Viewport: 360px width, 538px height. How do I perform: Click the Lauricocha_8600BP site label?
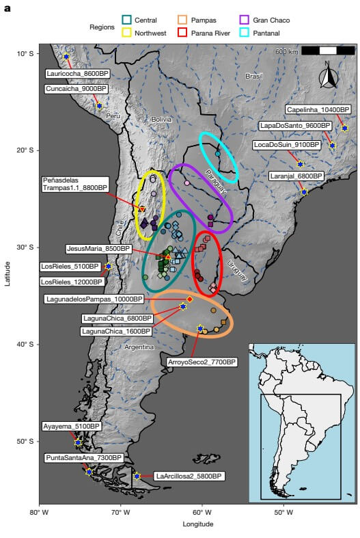pyautogui.click(x=79, y=73)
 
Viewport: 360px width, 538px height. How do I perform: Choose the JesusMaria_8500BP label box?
pyautogui.click(x=98, y=249)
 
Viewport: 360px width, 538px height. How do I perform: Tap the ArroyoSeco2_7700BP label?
pyautogui.click(x=202, y=362)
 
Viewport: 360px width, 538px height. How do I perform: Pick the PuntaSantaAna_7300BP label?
pyautogui.click(x=83, y=457)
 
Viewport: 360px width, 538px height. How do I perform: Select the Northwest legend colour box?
pyautogui.click(x=126, y=32)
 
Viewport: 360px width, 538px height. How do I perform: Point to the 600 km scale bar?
pyautogui.click(x=328, y=51)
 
